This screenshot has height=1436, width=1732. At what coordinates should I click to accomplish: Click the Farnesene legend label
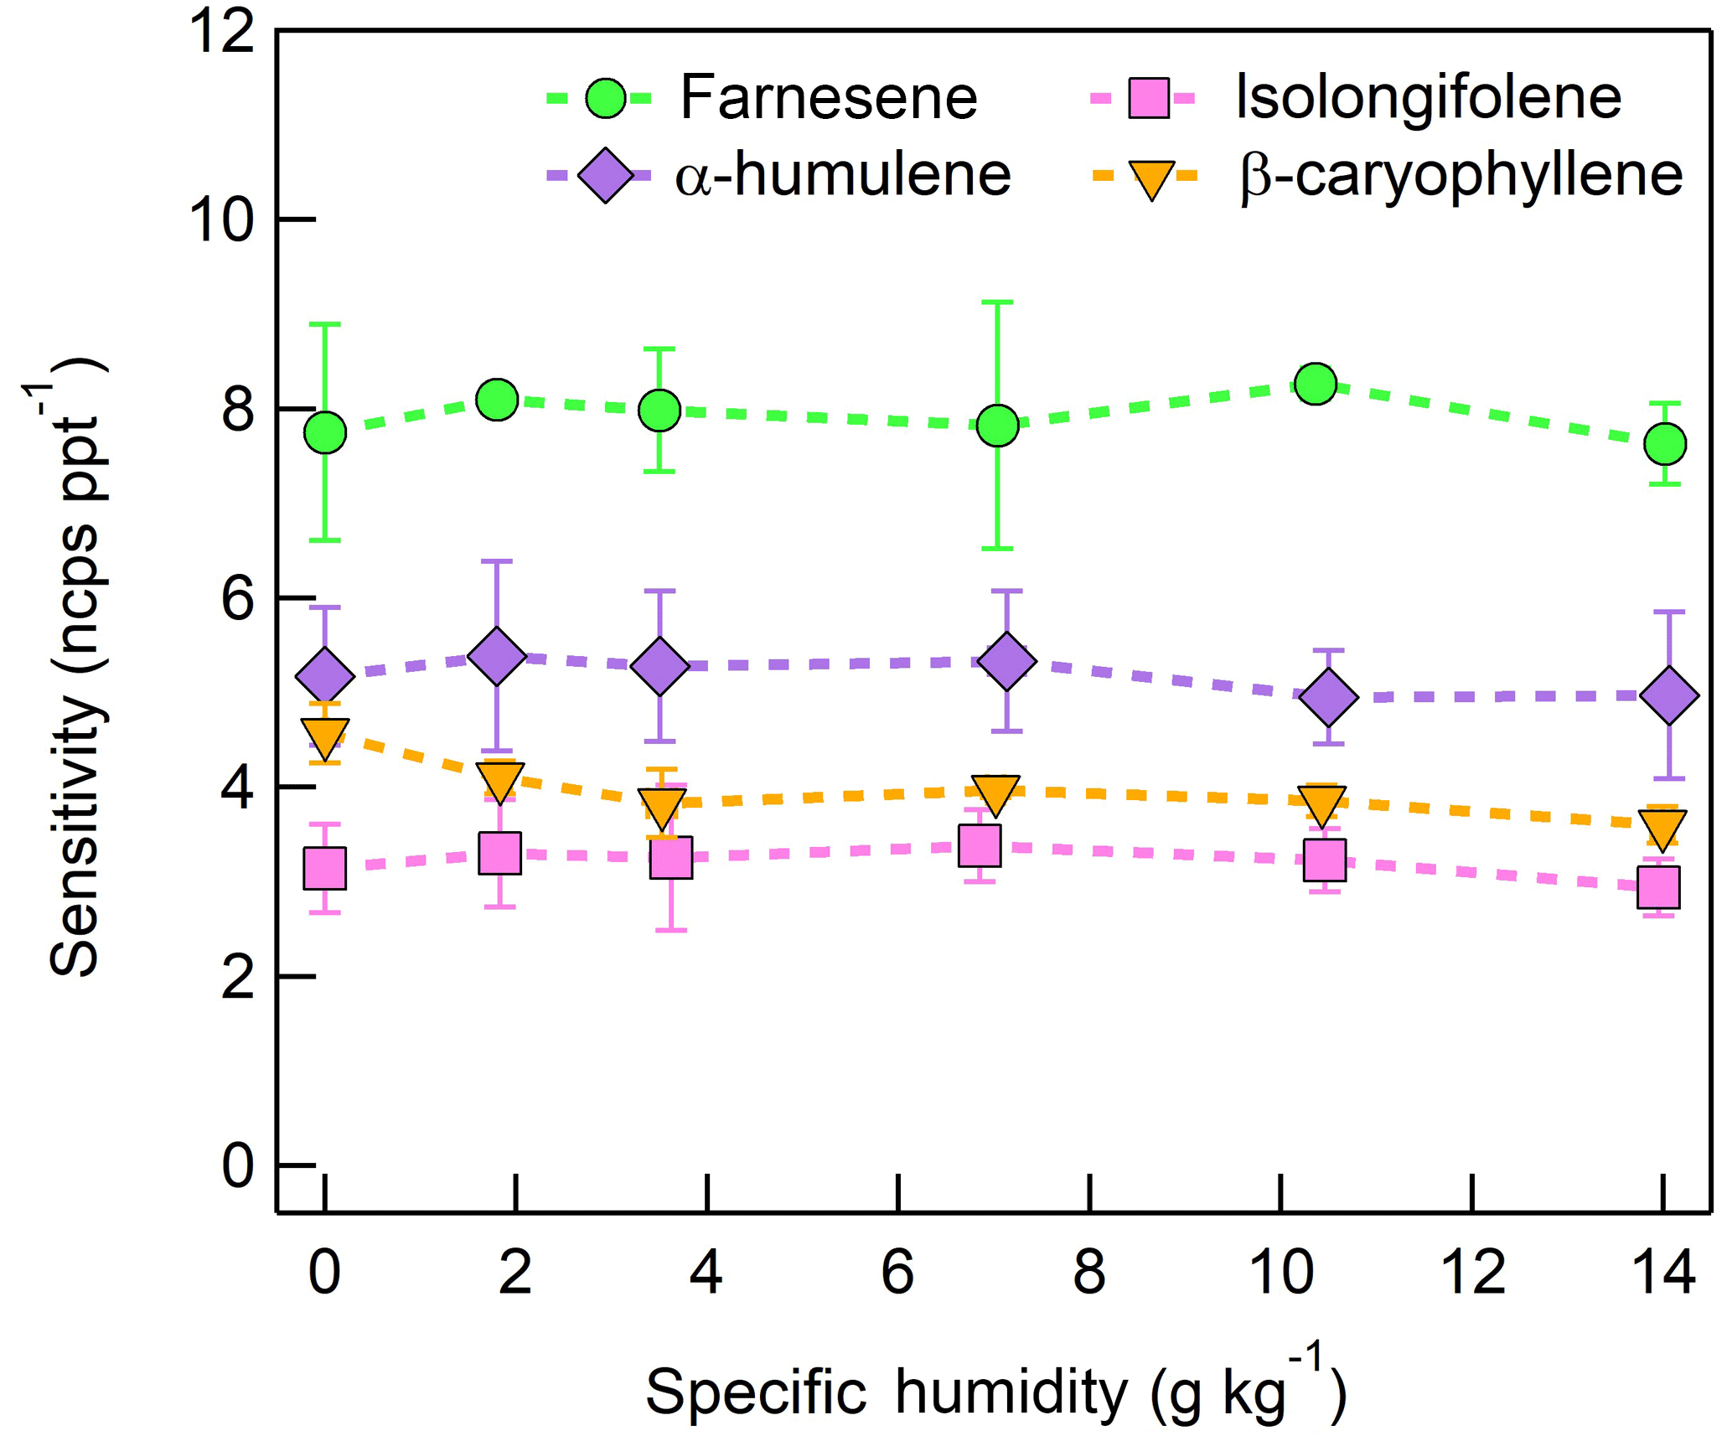point(828,98)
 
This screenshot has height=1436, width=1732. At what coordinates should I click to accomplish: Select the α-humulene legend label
point(843,176)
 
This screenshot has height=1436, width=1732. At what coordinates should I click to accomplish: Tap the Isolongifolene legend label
point(1429,98)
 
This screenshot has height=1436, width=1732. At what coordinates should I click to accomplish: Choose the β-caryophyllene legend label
point(1461,176)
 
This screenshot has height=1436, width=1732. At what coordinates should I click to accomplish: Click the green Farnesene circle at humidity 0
point(325,432)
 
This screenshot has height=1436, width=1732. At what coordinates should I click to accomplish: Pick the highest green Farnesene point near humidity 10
point(1316,384)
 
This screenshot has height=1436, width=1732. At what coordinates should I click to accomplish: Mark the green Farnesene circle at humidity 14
point(1664,443)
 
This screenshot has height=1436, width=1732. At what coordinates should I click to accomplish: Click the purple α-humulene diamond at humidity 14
point(1669,695)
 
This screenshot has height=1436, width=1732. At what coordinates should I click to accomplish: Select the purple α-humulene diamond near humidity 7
point(1006,660)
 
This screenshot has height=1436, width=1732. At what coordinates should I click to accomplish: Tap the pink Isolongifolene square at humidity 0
point(325,867)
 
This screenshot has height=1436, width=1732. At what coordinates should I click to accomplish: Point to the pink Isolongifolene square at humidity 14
point(1658,886)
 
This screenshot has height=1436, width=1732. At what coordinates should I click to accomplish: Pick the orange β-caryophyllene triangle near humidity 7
point(997,793)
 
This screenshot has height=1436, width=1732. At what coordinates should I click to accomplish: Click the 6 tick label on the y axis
point(237,599)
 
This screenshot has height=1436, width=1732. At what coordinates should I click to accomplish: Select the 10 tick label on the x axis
point(1280,1272)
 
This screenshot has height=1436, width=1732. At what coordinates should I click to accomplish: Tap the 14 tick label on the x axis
point(1664,1272)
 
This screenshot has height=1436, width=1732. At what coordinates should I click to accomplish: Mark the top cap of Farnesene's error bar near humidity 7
point(997,302)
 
